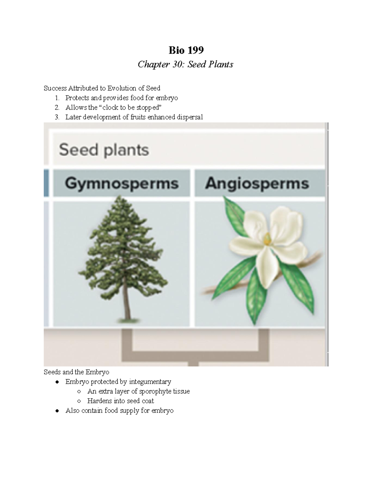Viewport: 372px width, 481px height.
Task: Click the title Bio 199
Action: coord(186,50)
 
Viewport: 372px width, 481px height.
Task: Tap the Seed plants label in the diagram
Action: coord(104,150)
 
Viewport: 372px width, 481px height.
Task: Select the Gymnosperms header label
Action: coord(122,183)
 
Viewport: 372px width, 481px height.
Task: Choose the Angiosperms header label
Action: coord(257,183)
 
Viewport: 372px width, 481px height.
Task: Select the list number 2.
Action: coord(57,107)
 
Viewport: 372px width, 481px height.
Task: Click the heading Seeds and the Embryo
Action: coord(76,372)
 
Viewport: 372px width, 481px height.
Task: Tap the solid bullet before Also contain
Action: coord(57,411)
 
